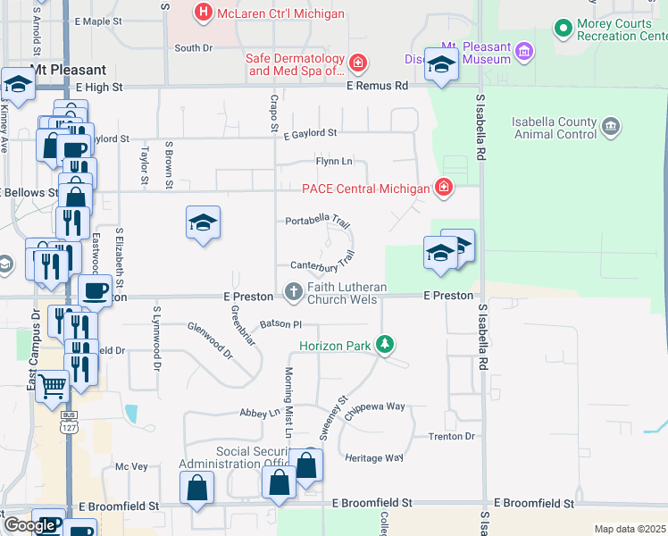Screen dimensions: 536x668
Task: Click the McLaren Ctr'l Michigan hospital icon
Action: (x=204, y=13)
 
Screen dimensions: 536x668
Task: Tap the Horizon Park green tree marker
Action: (x=385, y=344)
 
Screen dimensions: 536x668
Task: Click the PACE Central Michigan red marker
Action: (x=442, y=188)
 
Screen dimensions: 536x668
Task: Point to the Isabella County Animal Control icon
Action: (x=611, y=127)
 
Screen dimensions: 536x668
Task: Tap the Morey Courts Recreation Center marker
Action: (x=563, y=29)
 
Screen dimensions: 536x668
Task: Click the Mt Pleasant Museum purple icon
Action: (x=524, y=53)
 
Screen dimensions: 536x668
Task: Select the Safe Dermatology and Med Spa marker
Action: (x=357, y=63)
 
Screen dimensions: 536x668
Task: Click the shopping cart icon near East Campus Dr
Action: (x=53, y=388)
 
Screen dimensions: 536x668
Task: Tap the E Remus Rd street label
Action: (x=377, y=87)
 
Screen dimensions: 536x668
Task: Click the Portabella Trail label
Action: (x=317, y=220)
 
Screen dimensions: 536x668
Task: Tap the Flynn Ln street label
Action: (x=334, y=161)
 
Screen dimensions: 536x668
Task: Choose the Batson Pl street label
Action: (x=281, y=323)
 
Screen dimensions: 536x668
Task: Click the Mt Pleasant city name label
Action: (x=68, y=70)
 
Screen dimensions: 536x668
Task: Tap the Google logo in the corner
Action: (x=29, y=525)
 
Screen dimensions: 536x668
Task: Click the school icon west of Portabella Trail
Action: (x=203, y=222)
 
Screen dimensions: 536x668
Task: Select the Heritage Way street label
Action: (x=374, y=457)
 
